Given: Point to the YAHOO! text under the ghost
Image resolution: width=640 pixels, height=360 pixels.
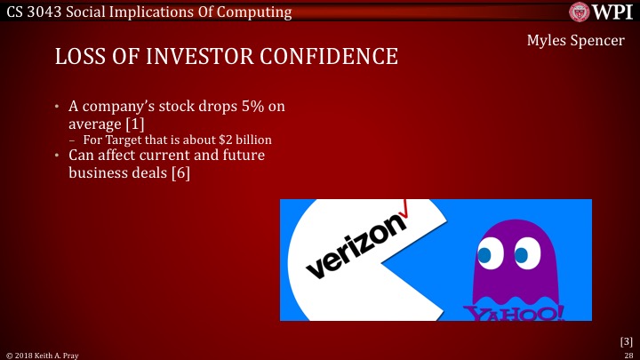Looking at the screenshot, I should click(x=513, y=313).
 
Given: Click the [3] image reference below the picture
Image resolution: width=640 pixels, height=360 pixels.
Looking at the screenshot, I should click(x=626, y=340).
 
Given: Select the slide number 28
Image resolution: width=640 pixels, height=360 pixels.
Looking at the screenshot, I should click(x=628, y=354).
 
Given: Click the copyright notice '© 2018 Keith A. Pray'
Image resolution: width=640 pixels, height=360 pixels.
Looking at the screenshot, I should click(x=43, y=354).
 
